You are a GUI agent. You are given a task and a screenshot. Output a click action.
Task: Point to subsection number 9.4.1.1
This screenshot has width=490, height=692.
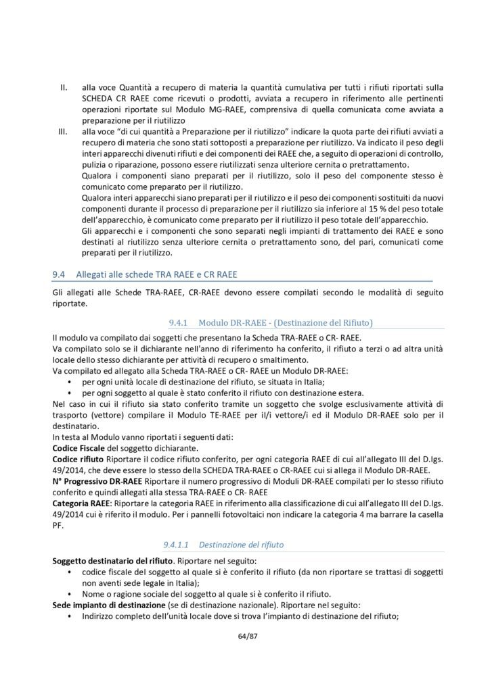(179, 543)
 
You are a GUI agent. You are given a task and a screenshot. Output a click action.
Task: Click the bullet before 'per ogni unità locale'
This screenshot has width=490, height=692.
(71, 382)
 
